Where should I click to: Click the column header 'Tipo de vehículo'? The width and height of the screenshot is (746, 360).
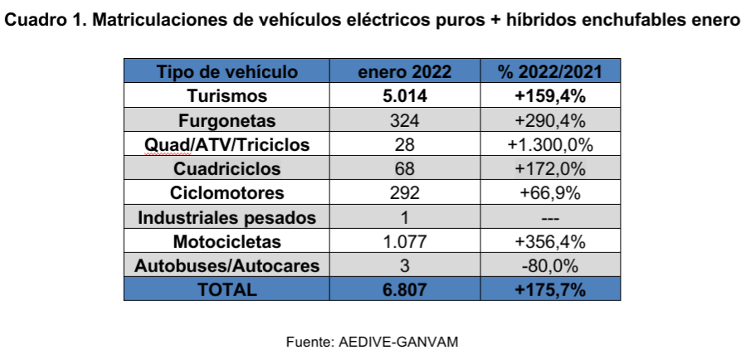(227, 71)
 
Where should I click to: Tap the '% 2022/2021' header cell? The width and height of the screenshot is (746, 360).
(549, 71)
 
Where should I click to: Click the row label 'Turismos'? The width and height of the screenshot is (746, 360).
(227, 95)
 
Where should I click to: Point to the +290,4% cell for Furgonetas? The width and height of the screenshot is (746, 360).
(549, 120)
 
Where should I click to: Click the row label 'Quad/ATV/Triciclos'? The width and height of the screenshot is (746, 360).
(227, 144)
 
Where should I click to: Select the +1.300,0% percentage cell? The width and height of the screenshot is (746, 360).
(549, 144)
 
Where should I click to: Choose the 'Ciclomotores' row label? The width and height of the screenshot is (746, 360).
(227, 193)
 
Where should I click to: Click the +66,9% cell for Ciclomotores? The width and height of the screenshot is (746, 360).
(549, 193)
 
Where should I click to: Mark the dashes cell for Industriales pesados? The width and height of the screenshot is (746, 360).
(549, 218)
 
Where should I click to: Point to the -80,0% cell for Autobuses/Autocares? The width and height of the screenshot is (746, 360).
(549, 266)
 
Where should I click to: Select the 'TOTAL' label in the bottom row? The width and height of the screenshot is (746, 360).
(227, 290)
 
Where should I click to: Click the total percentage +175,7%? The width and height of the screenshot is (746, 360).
(549, 290)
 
